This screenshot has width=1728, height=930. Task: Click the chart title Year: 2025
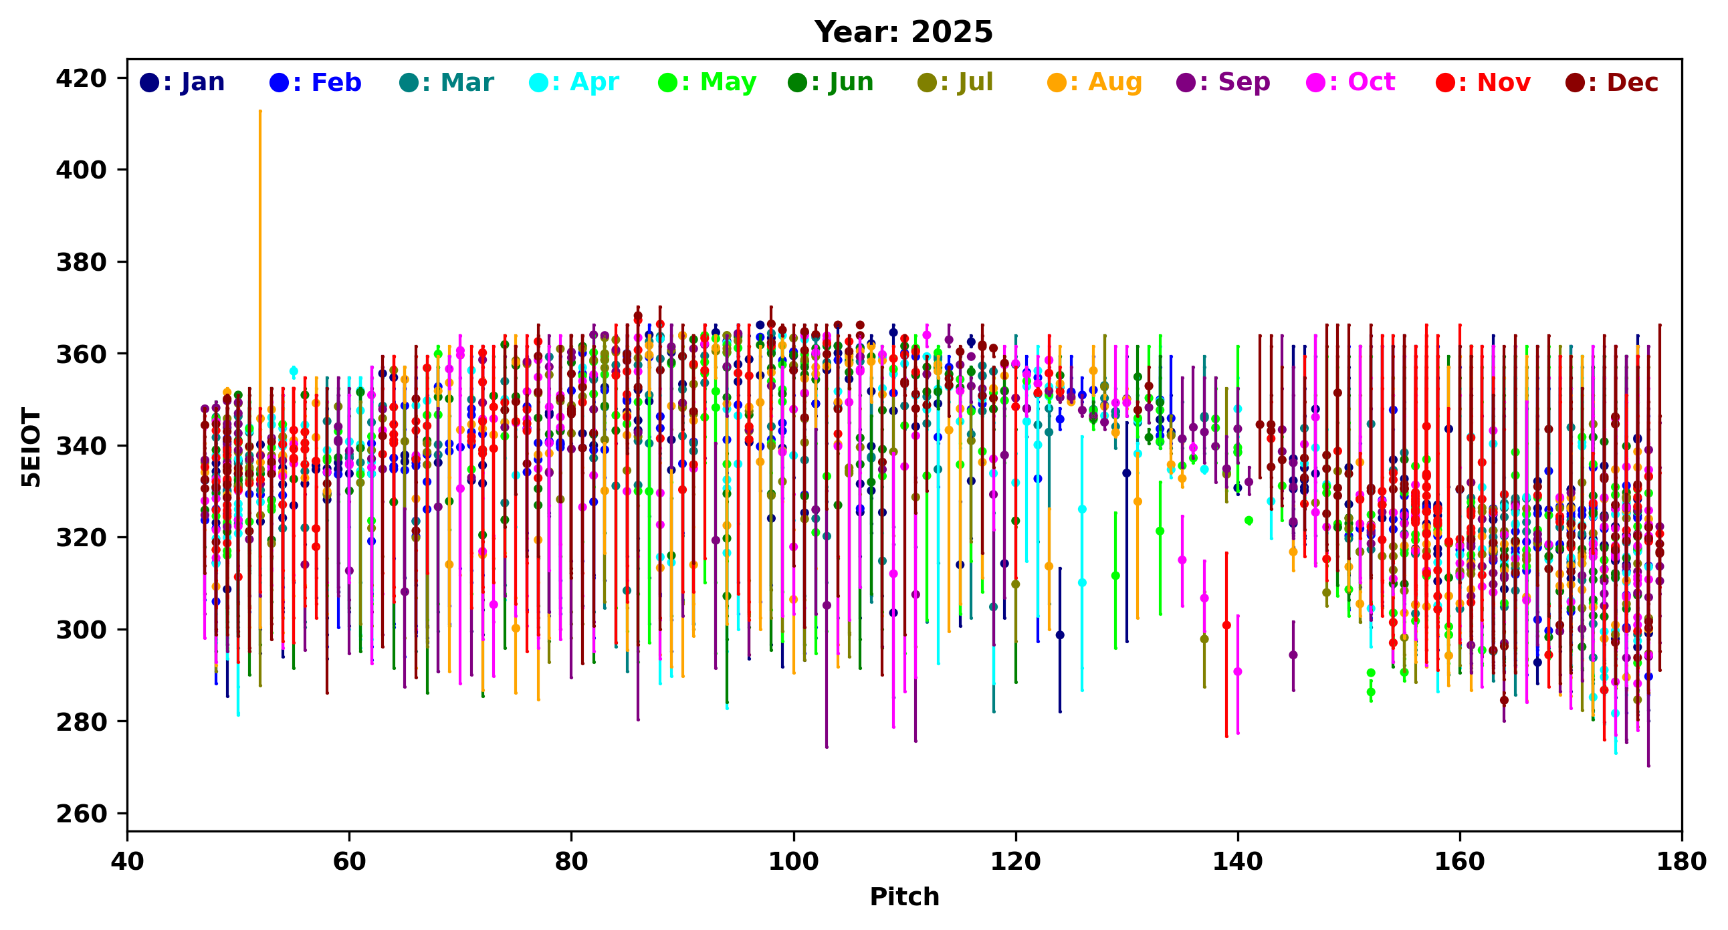tap(903, 32)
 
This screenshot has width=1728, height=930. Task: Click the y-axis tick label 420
tap(81, 78)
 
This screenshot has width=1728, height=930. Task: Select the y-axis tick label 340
tap(81, 446)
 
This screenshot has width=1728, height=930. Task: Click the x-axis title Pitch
tap(903, 897)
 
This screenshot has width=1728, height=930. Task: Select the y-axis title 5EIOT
tap(31, 447)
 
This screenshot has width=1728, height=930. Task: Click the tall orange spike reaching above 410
tap(260, 201)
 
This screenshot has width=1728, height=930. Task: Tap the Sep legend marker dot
tap(1185, 83)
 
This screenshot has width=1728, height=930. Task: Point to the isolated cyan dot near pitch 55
tap(293, 371)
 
